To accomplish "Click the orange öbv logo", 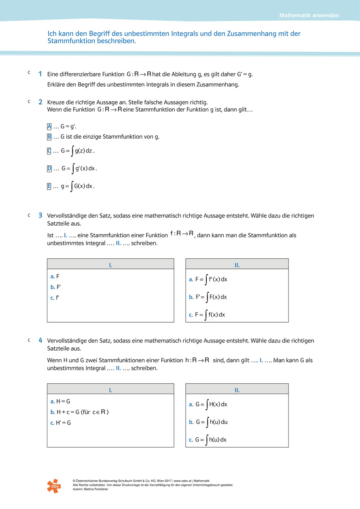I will point(53,486).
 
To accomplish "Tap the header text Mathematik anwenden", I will point(309,16).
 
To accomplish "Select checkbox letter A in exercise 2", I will point(49,127).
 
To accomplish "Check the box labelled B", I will point(49,137).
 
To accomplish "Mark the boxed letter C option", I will point(49,151).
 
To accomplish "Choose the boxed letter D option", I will point(49,168).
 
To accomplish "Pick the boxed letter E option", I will point(49,186).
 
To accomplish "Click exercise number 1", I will point(40,74).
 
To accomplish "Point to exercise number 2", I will point(40,102).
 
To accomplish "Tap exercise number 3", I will point(40,215).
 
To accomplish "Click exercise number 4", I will point(40,340).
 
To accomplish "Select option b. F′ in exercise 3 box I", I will point(56,287).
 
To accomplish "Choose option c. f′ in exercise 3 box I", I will point(55,298).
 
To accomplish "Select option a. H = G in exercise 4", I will point(61,401).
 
